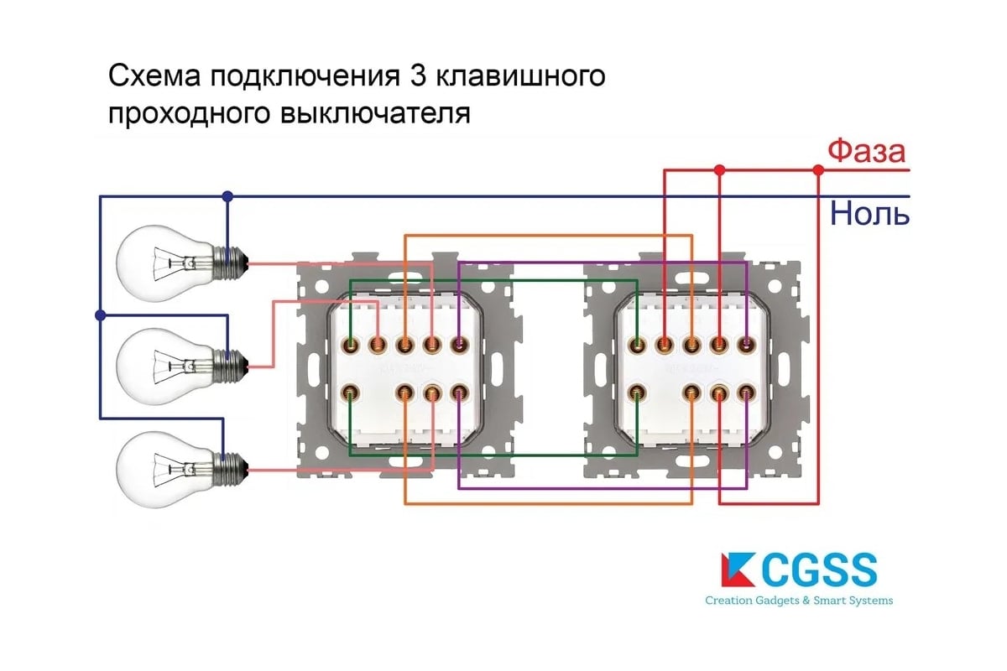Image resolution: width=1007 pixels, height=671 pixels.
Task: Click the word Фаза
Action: [x=866, y=152]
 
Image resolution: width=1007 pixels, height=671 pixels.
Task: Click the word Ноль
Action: [x=869, y=214]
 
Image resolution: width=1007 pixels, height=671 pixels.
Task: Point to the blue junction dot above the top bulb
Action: [x=227, y=196]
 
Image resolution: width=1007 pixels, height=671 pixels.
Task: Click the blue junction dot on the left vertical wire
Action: [x=101, y=315]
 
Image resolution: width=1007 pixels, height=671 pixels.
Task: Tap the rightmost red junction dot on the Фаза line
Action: [x=818, y=170]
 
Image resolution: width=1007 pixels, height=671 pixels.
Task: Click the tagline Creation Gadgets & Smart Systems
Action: [x=798, y=601]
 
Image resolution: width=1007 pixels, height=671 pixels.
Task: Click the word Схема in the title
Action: [x=154, y=76]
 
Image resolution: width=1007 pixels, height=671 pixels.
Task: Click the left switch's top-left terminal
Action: [x=350, y=344]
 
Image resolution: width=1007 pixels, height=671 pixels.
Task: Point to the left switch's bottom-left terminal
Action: [x=350, y=391]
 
